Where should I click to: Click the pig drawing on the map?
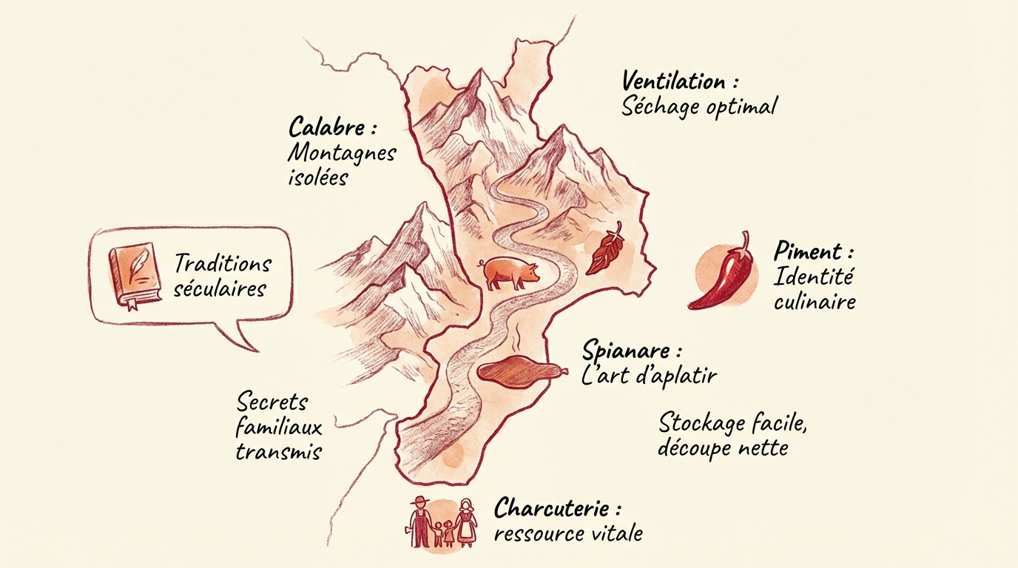click(x=510, y=271)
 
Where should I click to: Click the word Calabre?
click(x=326, y=127)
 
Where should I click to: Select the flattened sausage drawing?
click(x=523, y=371)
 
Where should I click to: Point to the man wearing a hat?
click(x=419, y=523)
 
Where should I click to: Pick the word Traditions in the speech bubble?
click(x=223, y=263)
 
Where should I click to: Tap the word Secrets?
click(x=272, y=402)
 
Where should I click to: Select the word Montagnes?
click(x=340, y=154)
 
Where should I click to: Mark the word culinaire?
click(x=814, y=302)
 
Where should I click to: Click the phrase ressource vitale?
click(x=567, y=533)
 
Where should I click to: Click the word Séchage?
click(x=660, y=106)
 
